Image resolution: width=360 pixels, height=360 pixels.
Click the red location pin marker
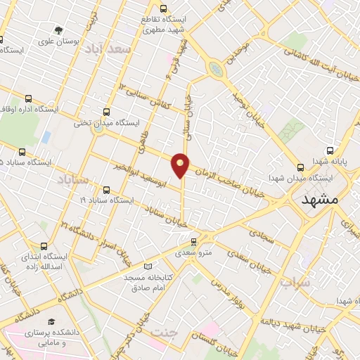point(181,165)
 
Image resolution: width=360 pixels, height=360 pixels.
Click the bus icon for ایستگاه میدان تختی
point(106,111)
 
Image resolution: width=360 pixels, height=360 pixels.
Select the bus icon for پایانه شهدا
point(330,150)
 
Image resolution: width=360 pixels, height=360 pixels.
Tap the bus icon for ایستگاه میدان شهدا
point(301,167)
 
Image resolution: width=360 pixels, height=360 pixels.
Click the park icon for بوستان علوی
point(58,31)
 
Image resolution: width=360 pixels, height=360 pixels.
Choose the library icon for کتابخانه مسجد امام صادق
point(147,266)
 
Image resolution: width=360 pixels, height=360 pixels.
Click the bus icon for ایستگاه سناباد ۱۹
point(106,190)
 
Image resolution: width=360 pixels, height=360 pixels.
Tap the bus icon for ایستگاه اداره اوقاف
point(28,99)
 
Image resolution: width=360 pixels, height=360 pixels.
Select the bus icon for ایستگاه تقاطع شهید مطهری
point(163,9)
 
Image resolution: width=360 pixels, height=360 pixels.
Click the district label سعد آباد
point(108,51)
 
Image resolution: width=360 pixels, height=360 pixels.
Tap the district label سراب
point(295,283)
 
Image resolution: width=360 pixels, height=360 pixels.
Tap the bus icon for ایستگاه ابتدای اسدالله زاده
point(44,246)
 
